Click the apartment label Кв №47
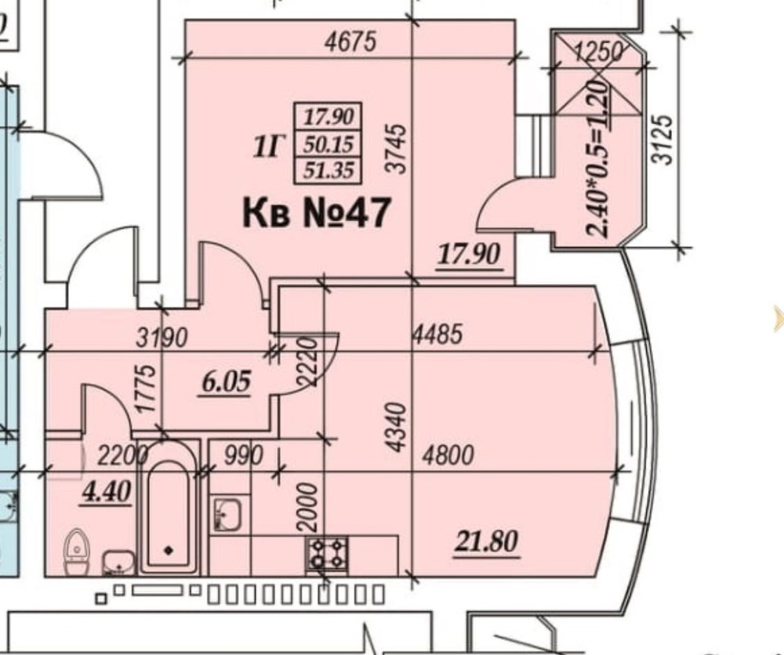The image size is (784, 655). tap(315, 213)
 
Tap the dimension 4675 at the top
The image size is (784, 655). tap(350, 42)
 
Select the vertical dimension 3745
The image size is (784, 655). tap(397, 148)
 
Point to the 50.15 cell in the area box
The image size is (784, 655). tap(328, 144)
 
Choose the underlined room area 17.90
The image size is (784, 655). tap(469, 254)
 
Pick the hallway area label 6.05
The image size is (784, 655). tap(226, 382)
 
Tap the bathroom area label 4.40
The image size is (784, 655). tap(107, 491)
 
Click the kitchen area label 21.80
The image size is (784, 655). tap(487, 542)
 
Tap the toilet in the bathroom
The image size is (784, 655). tap(77, 552)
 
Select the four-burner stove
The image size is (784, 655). tap(327, 554)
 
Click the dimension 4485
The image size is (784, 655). tap(438, 333)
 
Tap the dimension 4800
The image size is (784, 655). tap(448, 455)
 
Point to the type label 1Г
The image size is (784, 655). tap(269, 147)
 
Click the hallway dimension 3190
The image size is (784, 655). tap(162, 338)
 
